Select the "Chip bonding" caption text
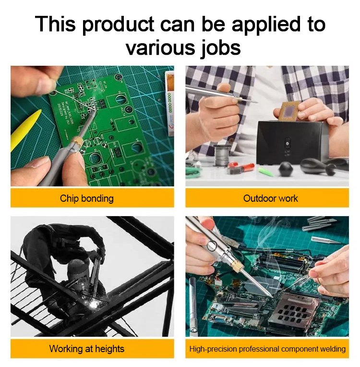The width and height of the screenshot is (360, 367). [87, 198]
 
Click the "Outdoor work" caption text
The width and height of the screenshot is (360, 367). [270, 198]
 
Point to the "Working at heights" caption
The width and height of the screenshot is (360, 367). [87, 349]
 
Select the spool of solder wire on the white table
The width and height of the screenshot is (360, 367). [221, 155]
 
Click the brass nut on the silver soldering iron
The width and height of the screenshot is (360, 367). [238, 266]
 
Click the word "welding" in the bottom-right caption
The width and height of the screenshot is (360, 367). [333, 349]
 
